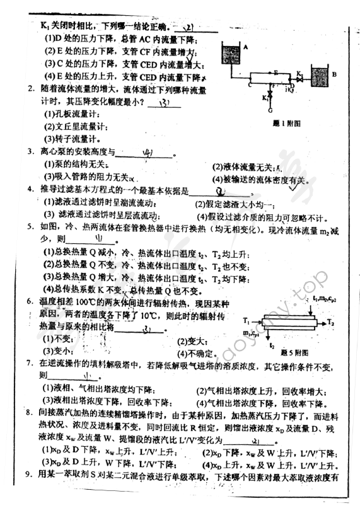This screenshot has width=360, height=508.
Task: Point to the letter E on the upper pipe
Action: coord(276,73)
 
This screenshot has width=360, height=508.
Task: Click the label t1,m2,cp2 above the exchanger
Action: coord(327,298)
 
